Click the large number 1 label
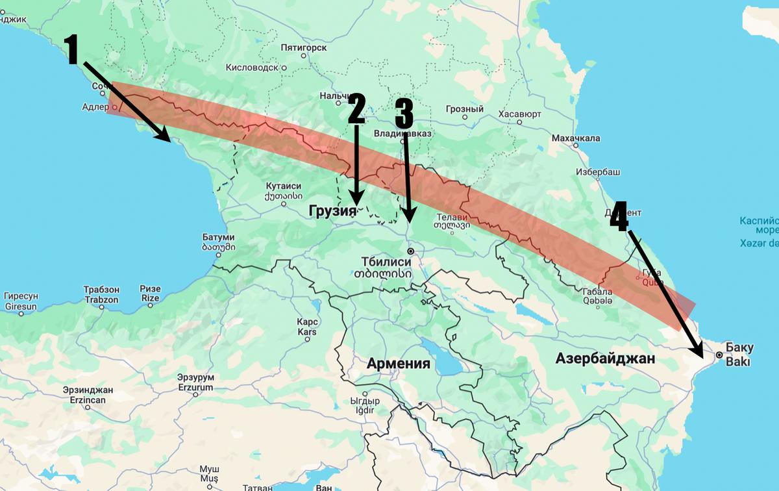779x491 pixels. coord(73,50)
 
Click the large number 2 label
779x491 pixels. coord(356,108)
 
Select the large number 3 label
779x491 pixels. coord(403,114)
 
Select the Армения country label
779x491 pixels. coord(398,363)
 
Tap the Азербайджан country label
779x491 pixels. coord(605,359)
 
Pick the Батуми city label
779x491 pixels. coord(217,242)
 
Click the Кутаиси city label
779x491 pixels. coord(284,190)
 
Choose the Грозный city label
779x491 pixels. coord(465,109)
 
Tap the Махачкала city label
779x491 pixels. coord(575,138)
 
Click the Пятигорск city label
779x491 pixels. coord(308,48)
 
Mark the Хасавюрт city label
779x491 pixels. coord(519,114)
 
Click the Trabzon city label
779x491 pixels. coord(101,294)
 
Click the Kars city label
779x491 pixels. coord(306,327)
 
